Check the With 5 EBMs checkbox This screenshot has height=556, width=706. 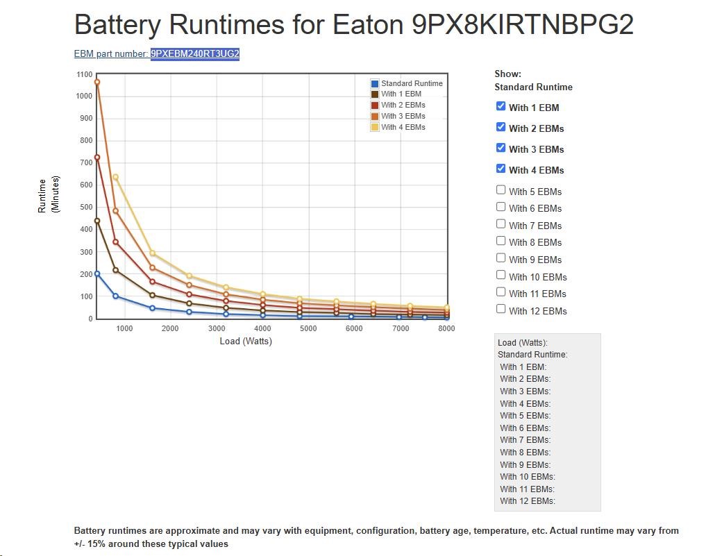pos(501,190)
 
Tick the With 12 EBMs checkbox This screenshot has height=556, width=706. pos(501,310)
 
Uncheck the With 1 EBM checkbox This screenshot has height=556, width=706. pos(501,106)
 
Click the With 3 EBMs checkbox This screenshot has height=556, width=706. pos(501,148)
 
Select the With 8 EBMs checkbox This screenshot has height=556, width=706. pos(501,241)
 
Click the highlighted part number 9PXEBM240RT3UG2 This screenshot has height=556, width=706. pos(195,54)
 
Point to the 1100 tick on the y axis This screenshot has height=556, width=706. pos(84,74)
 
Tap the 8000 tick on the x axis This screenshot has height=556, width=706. pos(446,328)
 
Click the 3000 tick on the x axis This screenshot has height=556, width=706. pos(216,328)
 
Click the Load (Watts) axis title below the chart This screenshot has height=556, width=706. pos(246,341)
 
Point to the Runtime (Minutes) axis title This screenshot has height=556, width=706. pos(48,194)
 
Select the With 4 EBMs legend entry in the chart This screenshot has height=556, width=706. pos(403,127)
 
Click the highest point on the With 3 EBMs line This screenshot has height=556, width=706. pos(97,82)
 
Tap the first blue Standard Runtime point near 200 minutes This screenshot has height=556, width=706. pos(97,273)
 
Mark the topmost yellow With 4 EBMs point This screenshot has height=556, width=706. pos(115,177)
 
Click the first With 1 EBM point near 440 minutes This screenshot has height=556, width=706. pos(97,221)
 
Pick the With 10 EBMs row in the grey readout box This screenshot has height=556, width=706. pos(528,477)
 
